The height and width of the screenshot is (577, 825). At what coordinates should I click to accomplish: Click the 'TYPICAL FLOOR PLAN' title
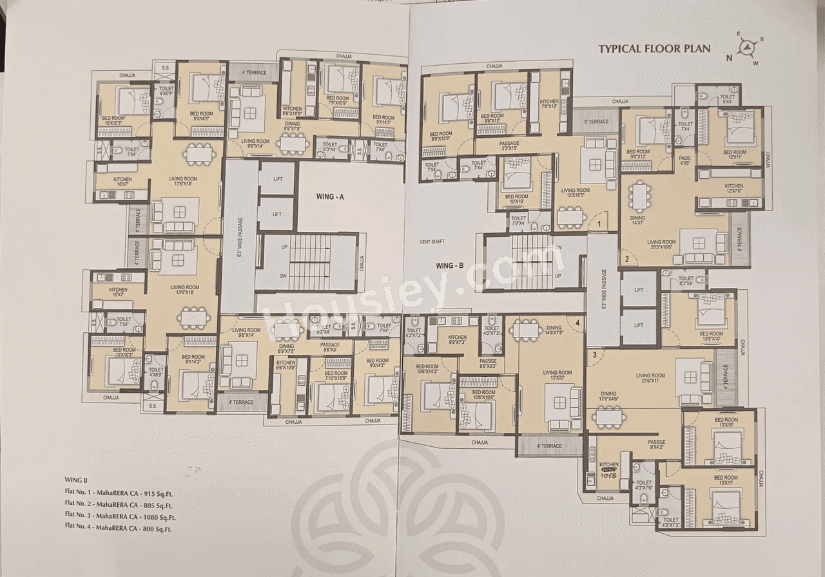coord(654,48)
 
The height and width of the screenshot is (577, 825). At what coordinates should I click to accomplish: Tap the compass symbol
coord(748,49)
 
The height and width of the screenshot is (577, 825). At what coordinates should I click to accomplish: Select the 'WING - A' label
coord(330,198)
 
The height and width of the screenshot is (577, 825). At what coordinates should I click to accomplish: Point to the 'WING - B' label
coord(450,266)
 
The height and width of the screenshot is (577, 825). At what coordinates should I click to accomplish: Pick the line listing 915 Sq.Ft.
coord(119,493)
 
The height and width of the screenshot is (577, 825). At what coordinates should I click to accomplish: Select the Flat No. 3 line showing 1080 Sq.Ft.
coord(121,516)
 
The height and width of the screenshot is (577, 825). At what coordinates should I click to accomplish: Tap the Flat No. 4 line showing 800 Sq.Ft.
coord(119,528)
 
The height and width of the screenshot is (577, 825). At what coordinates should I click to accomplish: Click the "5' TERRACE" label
coord(596,122)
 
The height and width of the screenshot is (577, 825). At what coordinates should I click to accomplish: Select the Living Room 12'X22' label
coord(557,375)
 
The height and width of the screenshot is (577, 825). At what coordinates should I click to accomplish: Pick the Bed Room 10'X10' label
coord(516,200)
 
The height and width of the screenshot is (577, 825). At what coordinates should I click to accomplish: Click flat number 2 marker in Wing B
coord(626,260)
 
